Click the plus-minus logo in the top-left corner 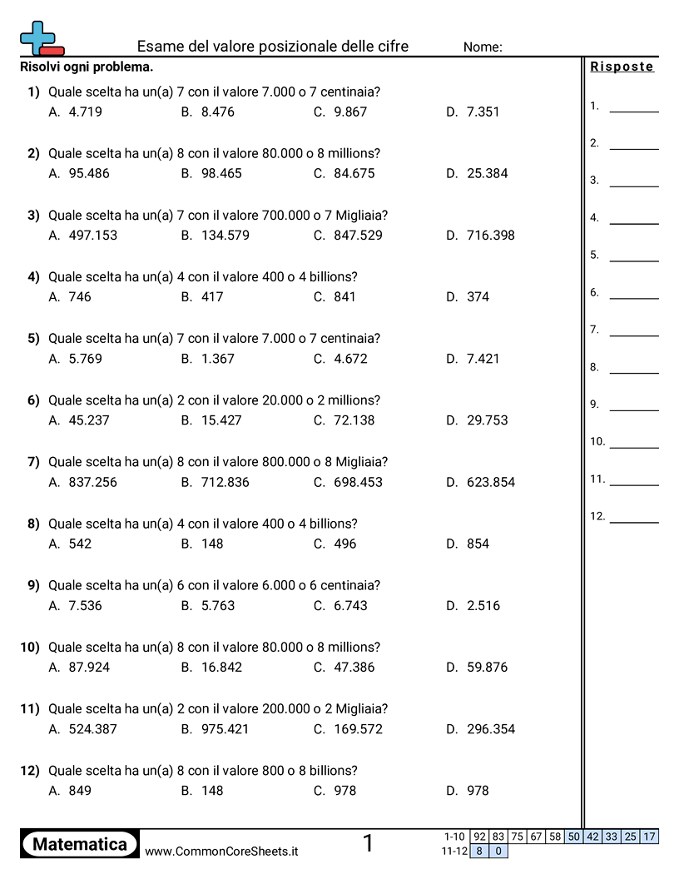(x=41, y=38)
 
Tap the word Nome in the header (x=483, y=47)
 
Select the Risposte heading (x=622, y=67)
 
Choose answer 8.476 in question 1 (x=217, y=112)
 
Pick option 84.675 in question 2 (x=354, y=173)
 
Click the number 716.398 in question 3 (x=490, y=235)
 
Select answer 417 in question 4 (x=212, y=296)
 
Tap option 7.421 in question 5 (x=483, y=359)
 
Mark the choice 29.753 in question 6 (x=487, y=420)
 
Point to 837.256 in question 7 (x=92, y=482)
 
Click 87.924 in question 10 (x=89, y=667)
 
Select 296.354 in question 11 (x=490, y=729)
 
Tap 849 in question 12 (x=80, y=791)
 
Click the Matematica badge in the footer (x=80, y=844)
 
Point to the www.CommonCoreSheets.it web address (x=221, y=852)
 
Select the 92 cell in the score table (x=479, y=837)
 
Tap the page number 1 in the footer (x=368, y=844)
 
